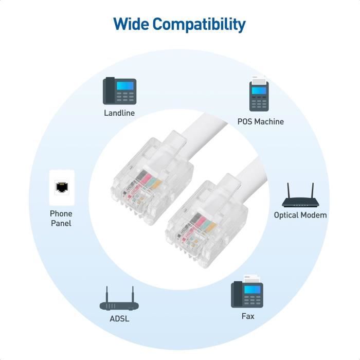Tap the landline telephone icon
point(119,91)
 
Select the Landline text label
point(119,113)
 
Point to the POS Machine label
point(260,122)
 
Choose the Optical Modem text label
point(300,215)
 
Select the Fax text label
point(248,316)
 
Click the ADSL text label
point(119,318)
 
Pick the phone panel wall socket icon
point(62,188)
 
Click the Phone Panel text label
point(61,218)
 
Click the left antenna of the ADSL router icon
point(107,294)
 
